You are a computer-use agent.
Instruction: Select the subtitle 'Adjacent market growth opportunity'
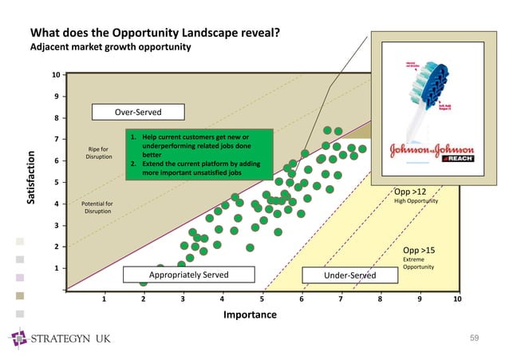(110, 47)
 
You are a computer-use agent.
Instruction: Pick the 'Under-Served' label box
(339, 275)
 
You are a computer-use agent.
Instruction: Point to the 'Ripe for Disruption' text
(99, 152)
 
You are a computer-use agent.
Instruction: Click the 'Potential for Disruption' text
(97, 208)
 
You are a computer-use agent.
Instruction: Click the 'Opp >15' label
(419, 250)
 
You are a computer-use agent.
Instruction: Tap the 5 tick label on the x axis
(261, 299)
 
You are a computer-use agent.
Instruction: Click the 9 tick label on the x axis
(418, 299)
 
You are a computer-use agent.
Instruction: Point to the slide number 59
(474, 339)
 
